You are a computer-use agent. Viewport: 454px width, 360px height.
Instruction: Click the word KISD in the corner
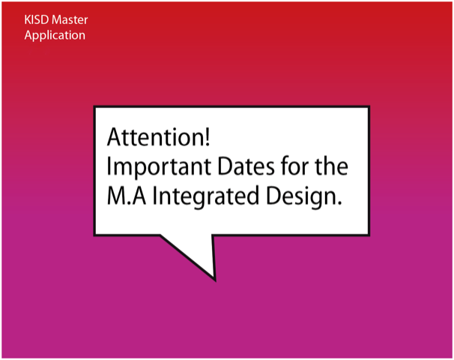tap(37, 19)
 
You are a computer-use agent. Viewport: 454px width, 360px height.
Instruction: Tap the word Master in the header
tap(70, 19)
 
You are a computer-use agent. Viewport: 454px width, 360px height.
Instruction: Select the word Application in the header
tap(55, 36)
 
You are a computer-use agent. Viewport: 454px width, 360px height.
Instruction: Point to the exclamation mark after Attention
tap(207, 137)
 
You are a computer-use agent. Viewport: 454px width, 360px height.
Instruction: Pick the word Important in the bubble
tap(159, 168)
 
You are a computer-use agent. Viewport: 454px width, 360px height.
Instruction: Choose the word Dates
tap(246, 166)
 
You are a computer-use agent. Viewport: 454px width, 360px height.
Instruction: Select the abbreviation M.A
tap(127, 196)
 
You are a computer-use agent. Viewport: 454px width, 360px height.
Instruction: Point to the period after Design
tap(339, 203)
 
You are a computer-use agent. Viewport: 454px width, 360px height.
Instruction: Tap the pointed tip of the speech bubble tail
tap(215, 280)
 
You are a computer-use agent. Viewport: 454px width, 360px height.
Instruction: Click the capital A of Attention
tap(115, 137)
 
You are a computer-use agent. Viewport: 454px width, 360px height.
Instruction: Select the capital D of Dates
tap(226, 166)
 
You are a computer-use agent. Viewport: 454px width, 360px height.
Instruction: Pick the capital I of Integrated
tap(154, 196)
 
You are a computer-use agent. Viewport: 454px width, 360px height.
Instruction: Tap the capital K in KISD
tap(28, 19)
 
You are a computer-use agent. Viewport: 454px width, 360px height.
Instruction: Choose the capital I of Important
tap(109, 166)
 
